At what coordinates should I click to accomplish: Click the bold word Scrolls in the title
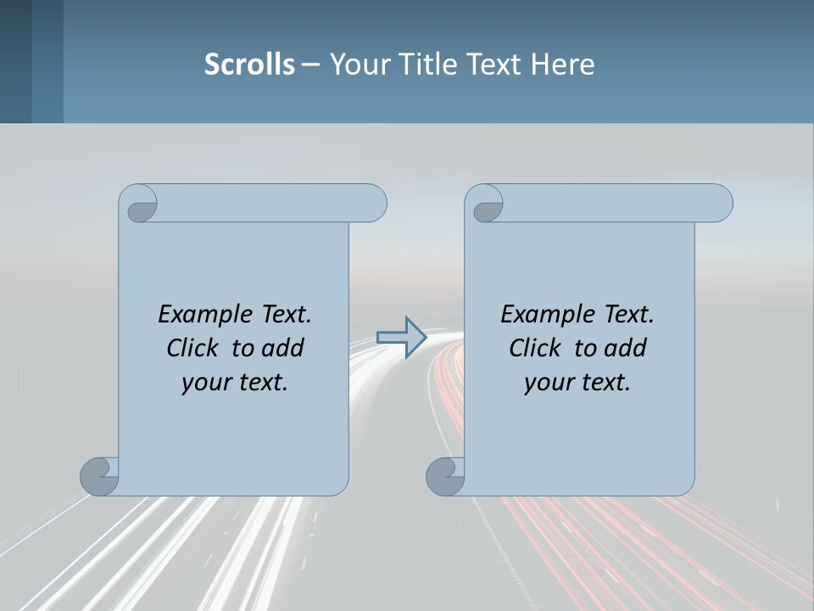point(249,64)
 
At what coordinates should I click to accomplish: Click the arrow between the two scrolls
point(401,338)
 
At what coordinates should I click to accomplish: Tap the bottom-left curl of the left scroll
point(100,475)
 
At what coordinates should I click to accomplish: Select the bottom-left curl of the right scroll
point(445,475)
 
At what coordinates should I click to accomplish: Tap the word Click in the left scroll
point(192,348)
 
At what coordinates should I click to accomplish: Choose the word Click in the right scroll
point(534,348)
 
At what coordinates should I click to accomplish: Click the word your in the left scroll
point(204,382)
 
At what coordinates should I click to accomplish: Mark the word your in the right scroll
point(547,382)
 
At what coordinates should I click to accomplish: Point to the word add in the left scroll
point(284,348)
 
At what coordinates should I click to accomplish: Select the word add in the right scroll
point(627,348)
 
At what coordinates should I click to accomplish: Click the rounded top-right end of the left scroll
point(373,203)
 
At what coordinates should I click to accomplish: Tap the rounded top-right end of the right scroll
point(719,203)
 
